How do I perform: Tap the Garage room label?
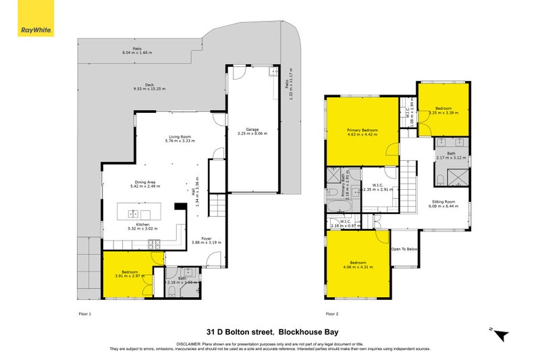(252, 130)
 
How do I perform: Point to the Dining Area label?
(146, 182)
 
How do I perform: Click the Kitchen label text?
(142, 225)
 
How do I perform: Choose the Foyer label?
(206, 238)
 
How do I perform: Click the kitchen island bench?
(138, 211)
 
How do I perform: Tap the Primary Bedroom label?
(362, 130)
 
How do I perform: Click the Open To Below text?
(405, 249)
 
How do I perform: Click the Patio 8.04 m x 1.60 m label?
(137, 51)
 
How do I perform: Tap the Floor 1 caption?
(85, 314)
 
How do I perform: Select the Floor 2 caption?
(331, 314)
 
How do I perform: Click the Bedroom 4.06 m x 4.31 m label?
(358, 264)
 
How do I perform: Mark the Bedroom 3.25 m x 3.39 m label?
(443, 110)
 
